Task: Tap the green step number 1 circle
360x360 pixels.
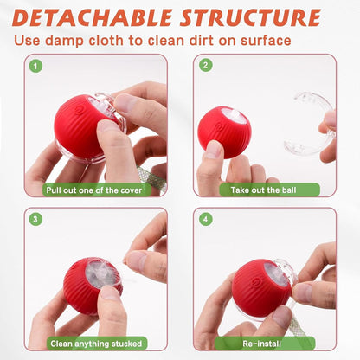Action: [35, 66]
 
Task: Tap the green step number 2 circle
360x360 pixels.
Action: [206, 66]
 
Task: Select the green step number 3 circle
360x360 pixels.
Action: [35, 219]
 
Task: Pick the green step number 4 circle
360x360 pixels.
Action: [206, 219]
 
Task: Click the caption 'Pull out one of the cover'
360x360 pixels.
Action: [98, 190]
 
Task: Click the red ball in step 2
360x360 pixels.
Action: [224, 132]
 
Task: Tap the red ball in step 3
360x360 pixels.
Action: [91, 286]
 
